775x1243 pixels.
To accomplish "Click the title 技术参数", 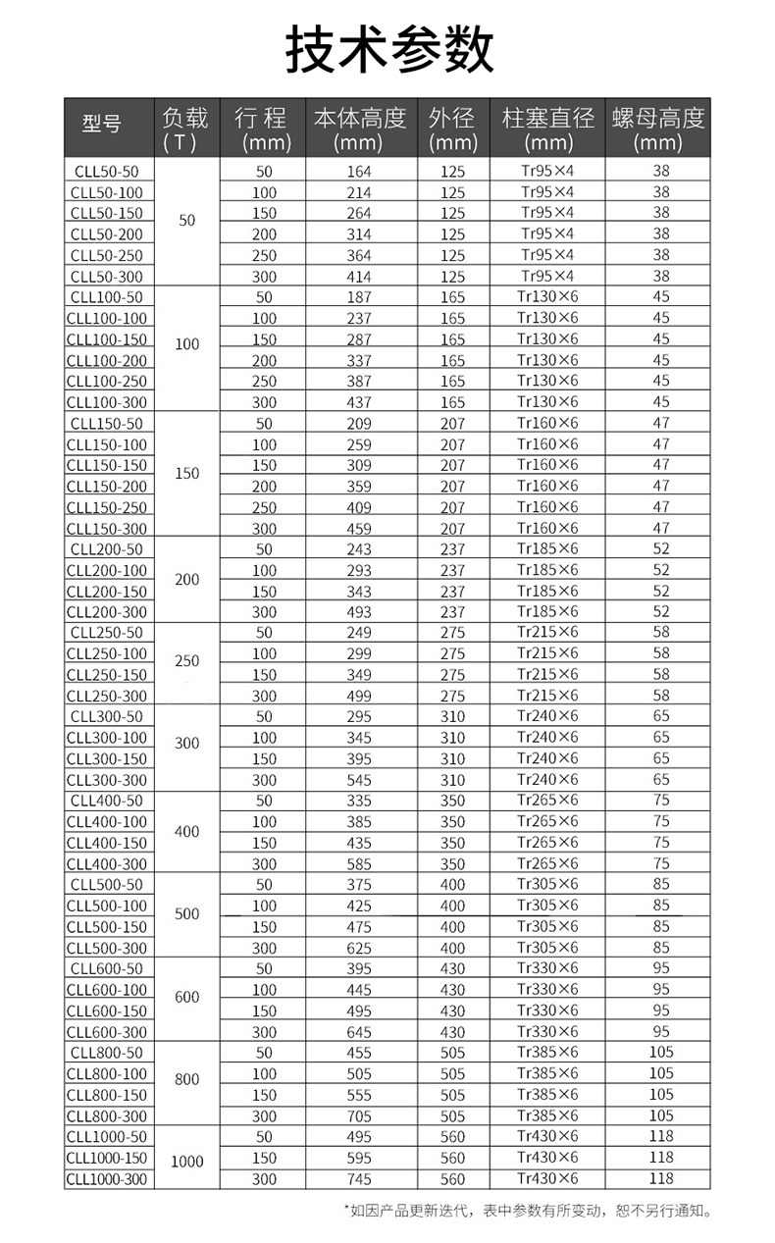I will [388, 49].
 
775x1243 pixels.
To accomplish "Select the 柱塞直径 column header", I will [547, 129].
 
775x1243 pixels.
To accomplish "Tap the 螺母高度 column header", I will [657, 129].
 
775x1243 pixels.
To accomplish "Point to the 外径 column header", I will [452, 129].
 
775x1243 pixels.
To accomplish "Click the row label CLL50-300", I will [107, 277].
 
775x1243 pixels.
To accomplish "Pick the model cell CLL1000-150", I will [107, 1158].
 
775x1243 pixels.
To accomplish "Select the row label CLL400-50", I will [107, 802].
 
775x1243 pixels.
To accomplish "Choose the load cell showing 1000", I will [187, 1162].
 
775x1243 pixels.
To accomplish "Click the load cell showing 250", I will [187, 661].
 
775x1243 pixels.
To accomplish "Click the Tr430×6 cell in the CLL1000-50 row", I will [547, 1136].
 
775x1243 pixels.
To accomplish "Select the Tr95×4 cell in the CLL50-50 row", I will [547, 170].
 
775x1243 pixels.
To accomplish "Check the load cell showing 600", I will [187, 997].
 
